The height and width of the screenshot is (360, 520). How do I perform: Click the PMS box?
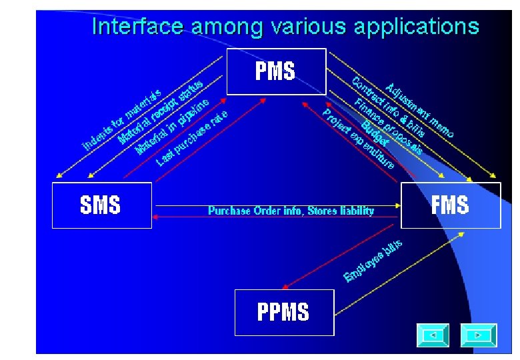(x=276, y=71)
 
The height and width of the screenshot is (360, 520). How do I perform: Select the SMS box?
(x=101, y=205)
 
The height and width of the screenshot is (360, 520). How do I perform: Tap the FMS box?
(x=450, y=205)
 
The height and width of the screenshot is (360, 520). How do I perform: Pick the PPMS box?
(x=283, y=311)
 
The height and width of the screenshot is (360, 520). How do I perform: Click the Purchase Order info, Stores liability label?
(x=291, y=211)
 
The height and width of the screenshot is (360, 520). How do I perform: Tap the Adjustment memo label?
(x=420, y=109)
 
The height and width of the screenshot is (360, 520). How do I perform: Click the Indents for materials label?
(x=121, y=119)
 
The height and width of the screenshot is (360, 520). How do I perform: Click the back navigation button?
(x=433, y=335)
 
